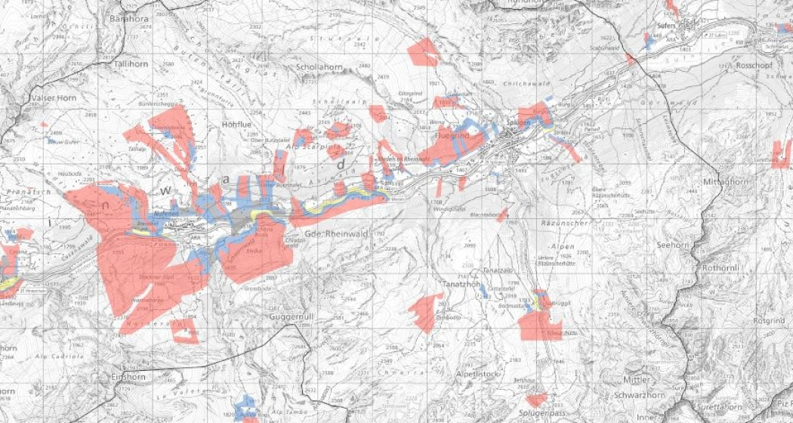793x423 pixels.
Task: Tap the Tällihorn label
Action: click(x=131, y=65)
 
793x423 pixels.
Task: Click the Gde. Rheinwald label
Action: click(x=337, y=235)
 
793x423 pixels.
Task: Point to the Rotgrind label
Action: click(x=769, y=321)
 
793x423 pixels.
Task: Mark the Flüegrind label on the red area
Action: click(x=453, y=135)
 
